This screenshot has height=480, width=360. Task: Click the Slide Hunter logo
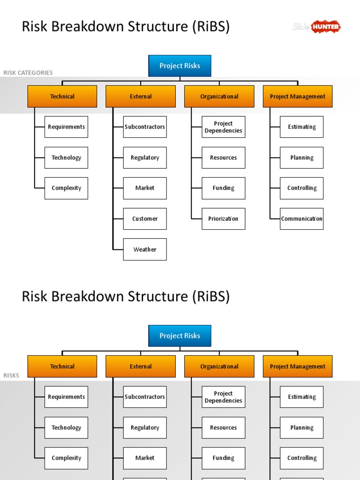coord(316,27)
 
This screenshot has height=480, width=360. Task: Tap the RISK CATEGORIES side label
coord(28,73)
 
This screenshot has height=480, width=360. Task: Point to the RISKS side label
coord(11,375)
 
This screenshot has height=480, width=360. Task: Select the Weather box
coord(145,249)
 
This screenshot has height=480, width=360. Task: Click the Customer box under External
coord(145,219)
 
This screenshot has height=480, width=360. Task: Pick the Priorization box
coord(223,219)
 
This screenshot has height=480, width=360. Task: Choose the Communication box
coord(301,219)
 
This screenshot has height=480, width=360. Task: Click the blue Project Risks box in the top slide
coord(180,66)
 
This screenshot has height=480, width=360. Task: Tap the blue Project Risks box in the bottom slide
coord(180,336)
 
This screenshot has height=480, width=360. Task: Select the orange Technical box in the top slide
coord(62,97)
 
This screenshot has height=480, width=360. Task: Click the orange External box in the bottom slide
coord(141,367)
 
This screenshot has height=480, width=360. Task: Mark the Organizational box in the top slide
coord(219,97)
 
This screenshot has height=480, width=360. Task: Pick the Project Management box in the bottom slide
coord(297,367)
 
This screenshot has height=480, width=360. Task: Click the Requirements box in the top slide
coord(66,127)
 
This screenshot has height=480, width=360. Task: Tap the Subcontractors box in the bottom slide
coord(145,397)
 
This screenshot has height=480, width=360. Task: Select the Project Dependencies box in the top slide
coord(223,127)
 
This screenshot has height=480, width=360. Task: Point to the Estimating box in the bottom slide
coord(301,397)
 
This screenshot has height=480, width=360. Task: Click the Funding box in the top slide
coord(223,188)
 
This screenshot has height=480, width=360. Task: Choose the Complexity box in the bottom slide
coord(66,458)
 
